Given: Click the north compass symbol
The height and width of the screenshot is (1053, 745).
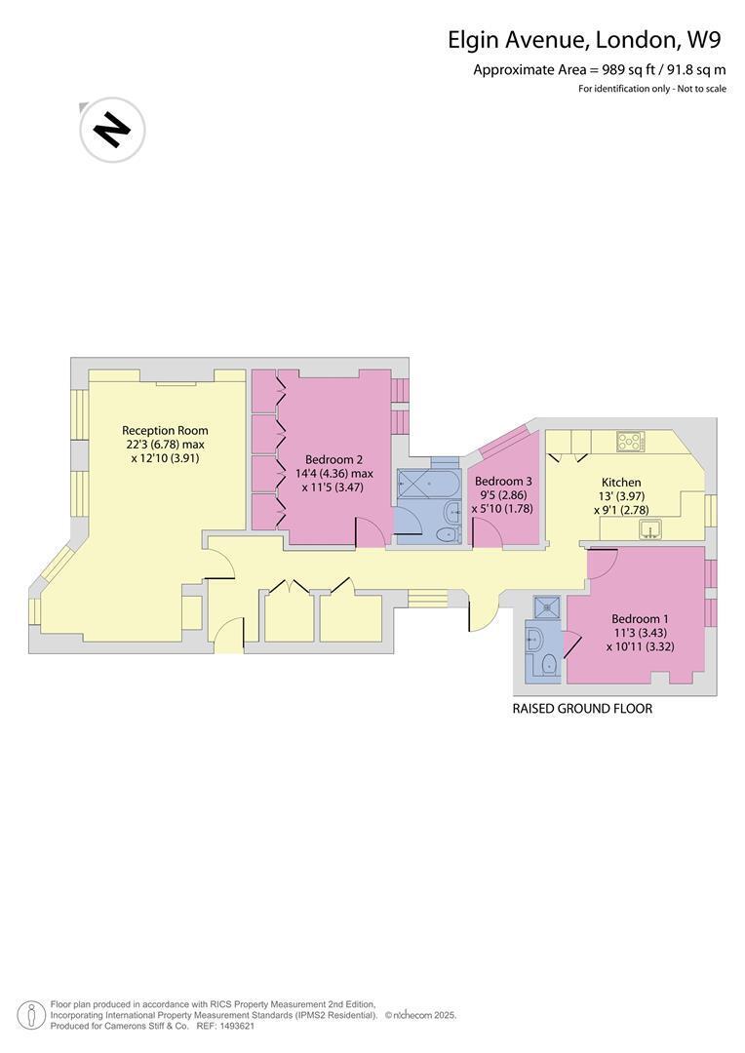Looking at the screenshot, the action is point(112,129).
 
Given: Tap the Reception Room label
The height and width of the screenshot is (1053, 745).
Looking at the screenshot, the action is point(165,431).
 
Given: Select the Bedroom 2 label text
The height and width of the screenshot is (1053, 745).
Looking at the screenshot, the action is point(333,460).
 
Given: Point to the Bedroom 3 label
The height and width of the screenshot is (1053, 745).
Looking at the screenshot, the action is point(503,482).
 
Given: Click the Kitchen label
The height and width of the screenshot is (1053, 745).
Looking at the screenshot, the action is point(621,483).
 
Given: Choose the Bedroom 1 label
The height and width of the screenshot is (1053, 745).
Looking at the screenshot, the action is point(640,619).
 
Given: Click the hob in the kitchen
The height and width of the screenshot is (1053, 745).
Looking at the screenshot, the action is point(631,442).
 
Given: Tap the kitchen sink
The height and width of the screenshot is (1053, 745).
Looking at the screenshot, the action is point(650,528).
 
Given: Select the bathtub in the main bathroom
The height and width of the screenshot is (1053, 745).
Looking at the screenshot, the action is point(427,483).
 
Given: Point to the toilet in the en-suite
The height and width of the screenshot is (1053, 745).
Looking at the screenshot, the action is point(549,664).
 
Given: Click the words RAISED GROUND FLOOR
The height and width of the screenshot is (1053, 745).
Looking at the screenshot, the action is point(582,709).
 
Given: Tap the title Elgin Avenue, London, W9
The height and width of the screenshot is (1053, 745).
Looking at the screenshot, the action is point(584,40).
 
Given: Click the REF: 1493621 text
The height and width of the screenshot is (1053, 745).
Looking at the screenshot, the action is point(225,1026).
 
